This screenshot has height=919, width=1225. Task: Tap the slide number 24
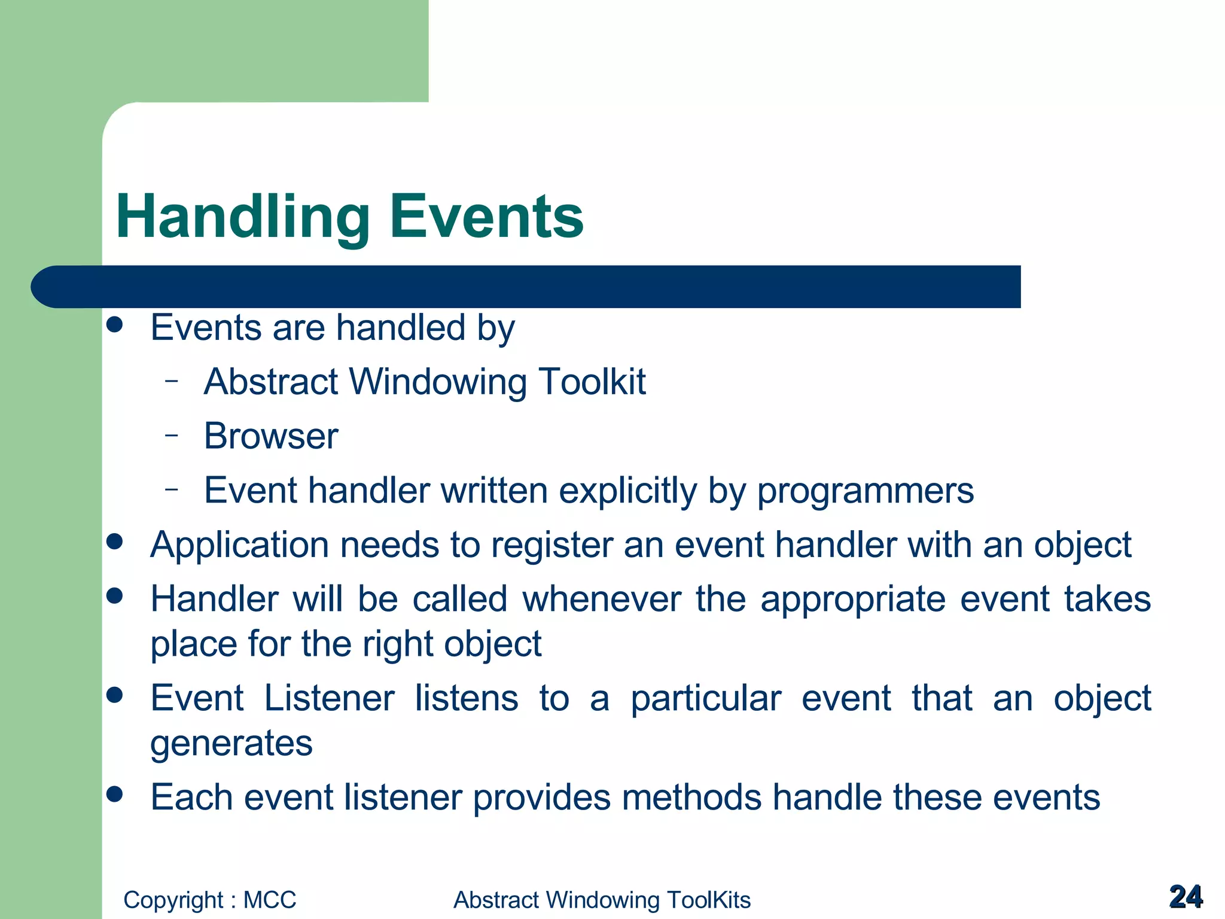point(1186,897)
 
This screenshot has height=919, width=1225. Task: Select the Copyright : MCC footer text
point(209,900)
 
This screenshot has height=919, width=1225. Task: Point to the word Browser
point(271,436)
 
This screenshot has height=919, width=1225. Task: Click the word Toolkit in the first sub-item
point(592,382)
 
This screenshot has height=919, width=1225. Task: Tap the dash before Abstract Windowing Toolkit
point(172,380)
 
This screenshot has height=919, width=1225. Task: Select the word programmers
point(865,491)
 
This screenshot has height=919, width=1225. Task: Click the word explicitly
point(627,491)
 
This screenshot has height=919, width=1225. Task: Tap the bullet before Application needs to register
point(114,542)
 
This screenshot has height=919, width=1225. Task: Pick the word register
point(551,546)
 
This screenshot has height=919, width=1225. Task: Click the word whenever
point(601,599)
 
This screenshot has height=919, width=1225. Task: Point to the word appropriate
point(852,600)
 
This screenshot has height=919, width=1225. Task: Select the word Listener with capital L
point(329,698)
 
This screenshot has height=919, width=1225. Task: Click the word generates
point(231,744)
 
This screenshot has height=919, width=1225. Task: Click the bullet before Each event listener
point(114,794)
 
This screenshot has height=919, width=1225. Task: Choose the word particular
point(706,698)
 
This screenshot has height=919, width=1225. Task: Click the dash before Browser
point(172,434)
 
